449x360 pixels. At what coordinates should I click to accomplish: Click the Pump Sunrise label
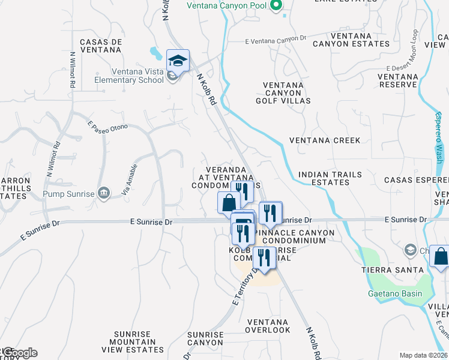click(69, 193)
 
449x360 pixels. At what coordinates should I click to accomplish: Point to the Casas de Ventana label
click(101, 46)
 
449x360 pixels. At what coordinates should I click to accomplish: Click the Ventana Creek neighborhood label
click(325, 140)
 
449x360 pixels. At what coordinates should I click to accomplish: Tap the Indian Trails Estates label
click(330, 178)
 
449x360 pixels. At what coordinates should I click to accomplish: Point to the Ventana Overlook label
click(268, 326)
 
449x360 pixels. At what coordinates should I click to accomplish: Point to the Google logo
click(20, 353)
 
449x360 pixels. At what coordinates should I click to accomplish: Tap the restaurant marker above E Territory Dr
click(264, 257)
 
